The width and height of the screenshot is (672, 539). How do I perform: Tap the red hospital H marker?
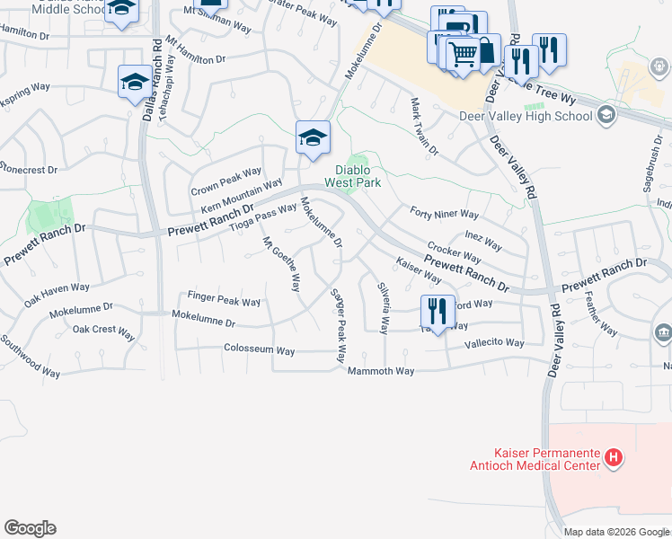tap(614, 458)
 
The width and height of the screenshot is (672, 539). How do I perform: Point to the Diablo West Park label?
tap(358, 176)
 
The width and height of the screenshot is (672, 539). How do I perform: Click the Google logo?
tap(30, 528)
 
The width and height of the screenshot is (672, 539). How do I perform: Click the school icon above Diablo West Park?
tap(312, 137)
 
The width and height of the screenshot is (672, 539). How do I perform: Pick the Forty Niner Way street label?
tap(444, 214)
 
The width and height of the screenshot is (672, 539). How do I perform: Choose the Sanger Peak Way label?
tap(339, 325)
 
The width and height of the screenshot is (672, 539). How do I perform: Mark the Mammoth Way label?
tap(381, 370)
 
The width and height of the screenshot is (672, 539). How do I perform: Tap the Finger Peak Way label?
tap(224, 296)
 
